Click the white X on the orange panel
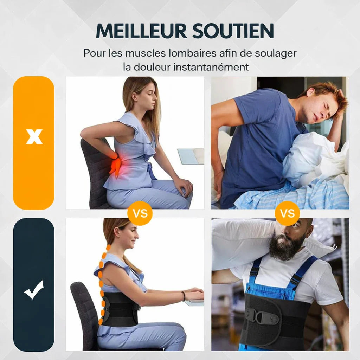click(34, 136)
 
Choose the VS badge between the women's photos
click(140, 213)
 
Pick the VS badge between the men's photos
click(288, 213)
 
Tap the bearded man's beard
click(286, 247)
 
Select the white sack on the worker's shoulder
click(243, 243)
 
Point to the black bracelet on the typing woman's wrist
click(184, 296)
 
